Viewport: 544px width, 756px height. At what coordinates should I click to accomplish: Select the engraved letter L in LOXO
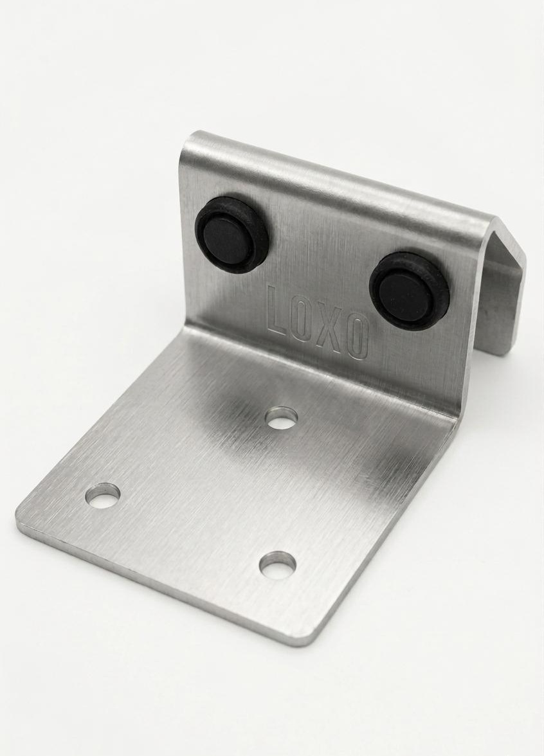pos(279,309)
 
